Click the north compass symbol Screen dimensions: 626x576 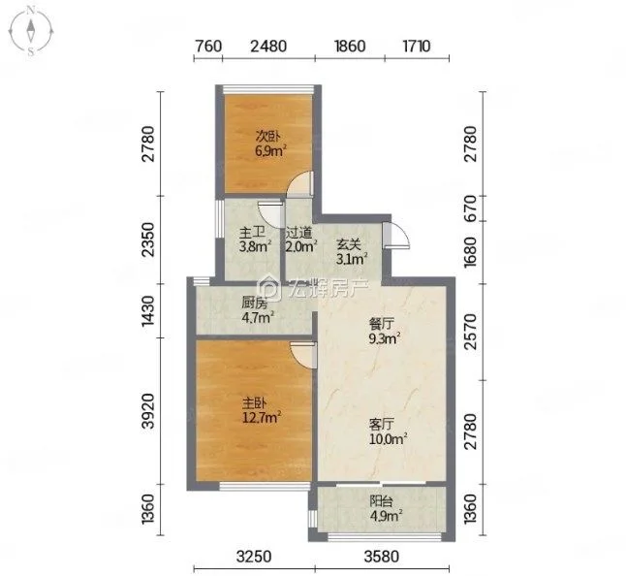(x=31, y=31)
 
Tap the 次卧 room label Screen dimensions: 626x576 (x=267, y=137)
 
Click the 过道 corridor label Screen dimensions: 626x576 (x=298, y=232)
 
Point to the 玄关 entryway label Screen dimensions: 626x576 (x=349, y=244)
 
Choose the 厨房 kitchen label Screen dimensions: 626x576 (x=254, y=304)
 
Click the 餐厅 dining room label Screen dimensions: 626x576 (x=382, y=324)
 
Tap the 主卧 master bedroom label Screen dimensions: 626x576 (x=255, y=403)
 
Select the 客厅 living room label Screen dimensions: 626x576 (x=382, y=424)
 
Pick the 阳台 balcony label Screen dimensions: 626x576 (x=382, y=500)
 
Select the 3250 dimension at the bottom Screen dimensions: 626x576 (x=254, y=557)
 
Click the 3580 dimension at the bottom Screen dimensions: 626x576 (x=382, y=557)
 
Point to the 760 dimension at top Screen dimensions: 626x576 (x=208, y=46)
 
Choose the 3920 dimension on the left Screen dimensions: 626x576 (x=148, y=411)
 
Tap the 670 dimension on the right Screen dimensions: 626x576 (x=471, y=208)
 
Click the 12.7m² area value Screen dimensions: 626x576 (x=262, y=418)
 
